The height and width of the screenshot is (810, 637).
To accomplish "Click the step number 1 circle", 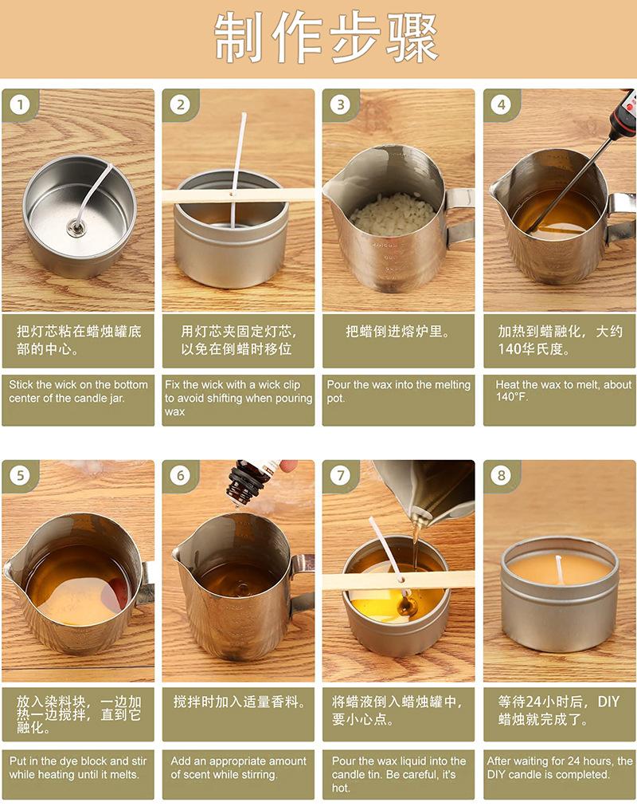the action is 21,105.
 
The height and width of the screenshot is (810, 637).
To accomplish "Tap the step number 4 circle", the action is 502,105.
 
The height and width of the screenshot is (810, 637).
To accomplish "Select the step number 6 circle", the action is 181,475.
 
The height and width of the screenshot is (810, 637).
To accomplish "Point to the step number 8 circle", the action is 502,475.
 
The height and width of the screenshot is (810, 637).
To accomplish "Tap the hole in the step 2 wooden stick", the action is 232,195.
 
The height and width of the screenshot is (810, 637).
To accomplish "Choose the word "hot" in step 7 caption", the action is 340,788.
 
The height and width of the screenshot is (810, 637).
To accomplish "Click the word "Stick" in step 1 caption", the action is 21,384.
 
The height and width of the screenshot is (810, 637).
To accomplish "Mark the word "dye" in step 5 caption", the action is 69,761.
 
